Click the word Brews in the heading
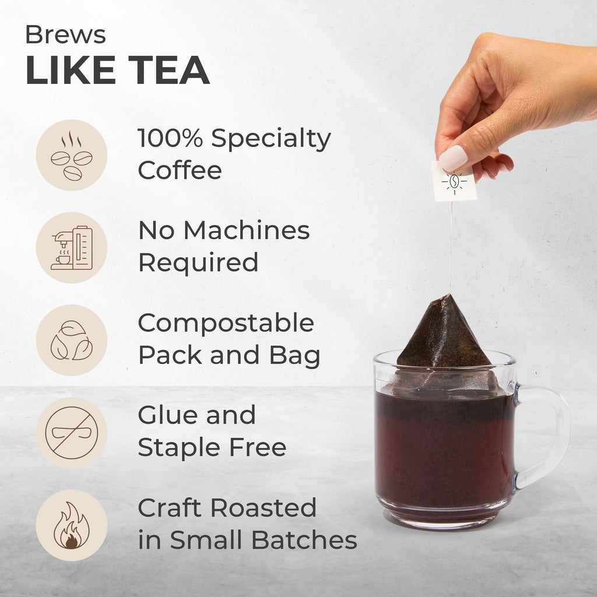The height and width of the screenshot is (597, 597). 65,34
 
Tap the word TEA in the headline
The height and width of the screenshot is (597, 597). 168,70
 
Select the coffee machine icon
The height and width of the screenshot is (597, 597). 72,248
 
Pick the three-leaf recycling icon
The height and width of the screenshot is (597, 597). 72,340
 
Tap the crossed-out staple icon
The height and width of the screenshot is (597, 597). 72,433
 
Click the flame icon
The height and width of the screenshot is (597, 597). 72,525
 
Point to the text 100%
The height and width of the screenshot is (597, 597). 170,138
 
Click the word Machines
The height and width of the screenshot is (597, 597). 247,230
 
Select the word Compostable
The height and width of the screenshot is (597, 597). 226,323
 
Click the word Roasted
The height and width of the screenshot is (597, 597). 264,508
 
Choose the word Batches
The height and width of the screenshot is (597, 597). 304,540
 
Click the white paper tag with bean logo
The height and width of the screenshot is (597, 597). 454,181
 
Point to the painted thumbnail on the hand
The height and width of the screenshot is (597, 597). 453,158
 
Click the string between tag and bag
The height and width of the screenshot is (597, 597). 451,247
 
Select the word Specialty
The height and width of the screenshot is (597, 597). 271,139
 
